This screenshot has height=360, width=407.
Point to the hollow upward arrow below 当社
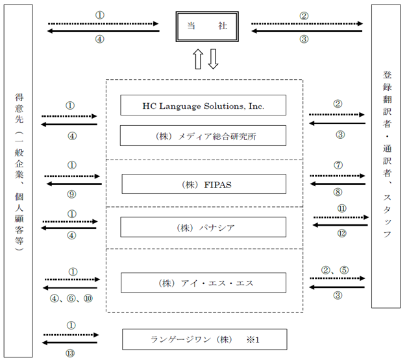pyautogui.click(x=198, y=59)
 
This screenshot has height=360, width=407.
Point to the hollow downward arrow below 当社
pyautogui.click(x=214, y=59)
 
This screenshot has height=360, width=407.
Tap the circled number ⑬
pyautogui.click(x=70, y=353)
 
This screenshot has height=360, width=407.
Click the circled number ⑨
pyautogui.click(x=71, y=194)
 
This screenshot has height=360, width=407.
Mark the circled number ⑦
pyautogui.click(x=338, y=165)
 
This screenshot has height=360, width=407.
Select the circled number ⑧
pyautogui.click(x=338, y=192)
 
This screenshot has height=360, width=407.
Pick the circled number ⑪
pyautogui.click(x=342, y=208)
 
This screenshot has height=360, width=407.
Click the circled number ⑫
pyautogui.click(x=342, y=233)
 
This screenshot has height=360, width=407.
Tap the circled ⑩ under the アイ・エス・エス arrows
pyautogui.click(x=88, y=298)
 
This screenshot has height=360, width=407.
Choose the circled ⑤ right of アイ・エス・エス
pyautogui.click(x=344, y=270)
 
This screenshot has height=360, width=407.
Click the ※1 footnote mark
pyautogui.click(x=253, y=339)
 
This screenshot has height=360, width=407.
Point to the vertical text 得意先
pyautogui.click(x=19, y=108)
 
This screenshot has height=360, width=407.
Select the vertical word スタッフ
pyautogui.click(x=387, y=216)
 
